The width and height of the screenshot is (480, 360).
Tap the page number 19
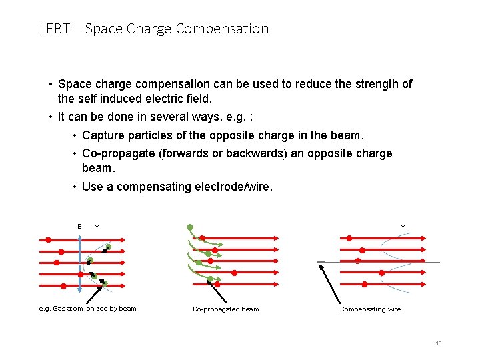click(438, 343)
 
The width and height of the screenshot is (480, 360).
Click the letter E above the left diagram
click(79, 227)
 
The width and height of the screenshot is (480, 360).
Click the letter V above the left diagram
click(97, 227)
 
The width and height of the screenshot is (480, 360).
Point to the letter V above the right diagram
click(403, 227)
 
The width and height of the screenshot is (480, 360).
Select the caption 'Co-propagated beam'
click(225, 309)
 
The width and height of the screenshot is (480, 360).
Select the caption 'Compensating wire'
click(371, 309)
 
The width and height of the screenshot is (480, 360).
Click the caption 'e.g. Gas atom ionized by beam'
click(87, 309)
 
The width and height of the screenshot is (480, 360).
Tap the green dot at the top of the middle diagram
click(190, 227)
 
